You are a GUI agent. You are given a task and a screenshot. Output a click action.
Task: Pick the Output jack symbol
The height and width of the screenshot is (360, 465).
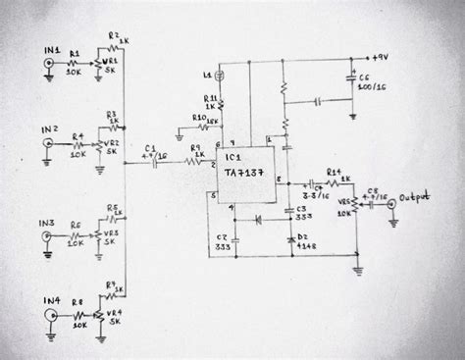click(392, 205)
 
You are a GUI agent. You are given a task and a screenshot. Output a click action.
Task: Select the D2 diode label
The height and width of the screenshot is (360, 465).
click(302, 236)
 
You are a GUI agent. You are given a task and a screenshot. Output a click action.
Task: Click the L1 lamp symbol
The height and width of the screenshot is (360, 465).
click(221, 75)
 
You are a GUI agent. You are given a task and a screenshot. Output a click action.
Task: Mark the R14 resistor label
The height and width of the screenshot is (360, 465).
click(334, 172)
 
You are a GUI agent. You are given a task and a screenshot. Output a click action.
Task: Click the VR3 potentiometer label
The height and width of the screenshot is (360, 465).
click(114, 235)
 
